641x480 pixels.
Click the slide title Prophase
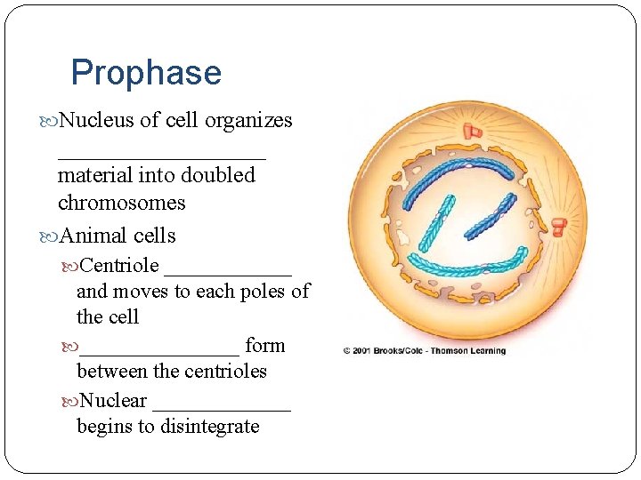tap(146, 73)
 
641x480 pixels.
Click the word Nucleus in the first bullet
tap(96, 120)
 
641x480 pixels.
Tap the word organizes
tap(248, 120)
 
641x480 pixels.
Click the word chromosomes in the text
tap(121, 203)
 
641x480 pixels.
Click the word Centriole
tap(119, 265)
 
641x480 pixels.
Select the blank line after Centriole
tap(228, 272)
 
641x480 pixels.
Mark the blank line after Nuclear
tap(222, 407)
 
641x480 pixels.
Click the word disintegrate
tap(209, 427)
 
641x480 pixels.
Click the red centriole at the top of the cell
tap(471, 132)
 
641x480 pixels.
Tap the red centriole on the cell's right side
tap(559, 227)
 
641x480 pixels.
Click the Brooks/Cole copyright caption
tap(425, 350)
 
